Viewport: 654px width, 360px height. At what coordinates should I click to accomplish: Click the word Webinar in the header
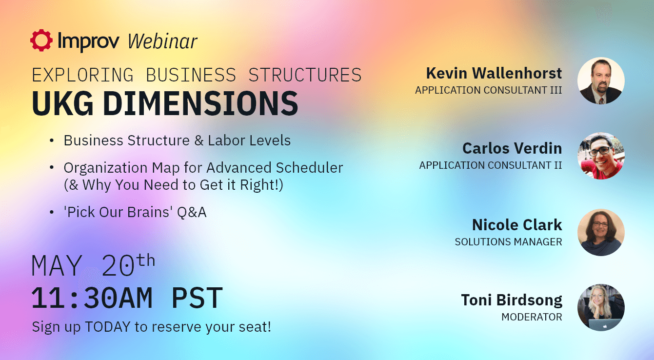pyautogui.click(x=162, y=41)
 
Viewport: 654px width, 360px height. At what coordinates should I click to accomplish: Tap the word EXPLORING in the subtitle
pyautogui.click(x=82, y=75)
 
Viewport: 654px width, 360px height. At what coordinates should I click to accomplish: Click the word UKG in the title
pyautogui.click(x=62, y=103)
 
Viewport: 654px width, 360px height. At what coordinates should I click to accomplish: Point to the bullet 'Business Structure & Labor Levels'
pyautogui.click(x=177, y=140)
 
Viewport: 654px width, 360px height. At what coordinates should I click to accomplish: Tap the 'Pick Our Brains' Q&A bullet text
pyautogui.click(x=135, y=212)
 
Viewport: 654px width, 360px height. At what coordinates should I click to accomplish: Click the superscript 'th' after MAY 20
pyautogui.click(x=146, y=260)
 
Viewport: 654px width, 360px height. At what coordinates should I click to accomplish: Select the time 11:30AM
pyautogui.click(x=91, y=298)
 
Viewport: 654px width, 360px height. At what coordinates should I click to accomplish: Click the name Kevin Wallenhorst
pyautogui.click(x=494, y=73)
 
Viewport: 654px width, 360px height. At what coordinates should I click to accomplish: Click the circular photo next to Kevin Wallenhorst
pyautogui.click(x=601, y=81)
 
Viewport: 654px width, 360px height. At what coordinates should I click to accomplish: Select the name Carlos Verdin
pyautogui.click(x=512, y=148)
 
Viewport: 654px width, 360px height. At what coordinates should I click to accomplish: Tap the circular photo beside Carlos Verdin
pyautogui.click(x=601, y=156)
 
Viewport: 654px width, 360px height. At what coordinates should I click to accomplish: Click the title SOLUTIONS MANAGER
pyautogui.click(x=508, y=242)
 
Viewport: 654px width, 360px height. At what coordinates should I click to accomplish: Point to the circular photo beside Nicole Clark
pyautogui.click(x=601, y=232)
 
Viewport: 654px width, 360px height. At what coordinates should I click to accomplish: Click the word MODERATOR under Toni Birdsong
pyautogui.click(x=532, y=317)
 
